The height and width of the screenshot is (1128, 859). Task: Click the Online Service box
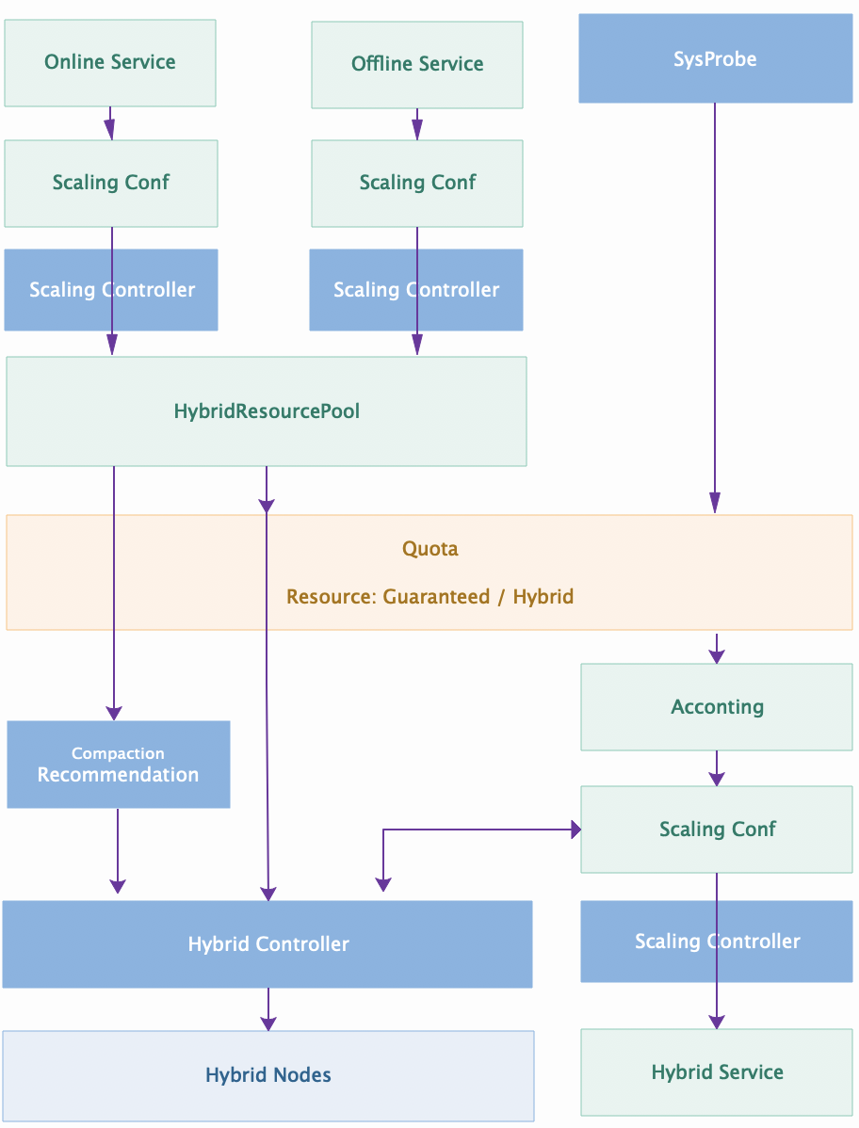click(x=110, y=62)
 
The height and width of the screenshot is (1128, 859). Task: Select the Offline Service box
click(x=417, y=64)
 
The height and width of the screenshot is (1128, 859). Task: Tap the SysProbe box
click(x=715, y=59)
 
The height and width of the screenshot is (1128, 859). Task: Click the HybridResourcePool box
click(x=267, y=411)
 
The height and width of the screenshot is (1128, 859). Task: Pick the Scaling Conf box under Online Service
click(x=57, y=183)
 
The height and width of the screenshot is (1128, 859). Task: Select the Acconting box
click(x=717, y=707)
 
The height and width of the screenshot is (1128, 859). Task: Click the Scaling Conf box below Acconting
click(x=659, y=830)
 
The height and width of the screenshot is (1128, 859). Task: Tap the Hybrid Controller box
click(x=170, y=944)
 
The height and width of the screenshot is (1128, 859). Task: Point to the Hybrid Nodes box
click(x=268, y=1074)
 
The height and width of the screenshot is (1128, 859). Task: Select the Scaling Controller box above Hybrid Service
click(x=640, y=942)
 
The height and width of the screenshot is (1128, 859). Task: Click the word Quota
click(x=430, y=549)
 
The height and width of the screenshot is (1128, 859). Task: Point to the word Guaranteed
click(x=436, y=597)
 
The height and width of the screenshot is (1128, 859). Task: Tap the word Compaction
click(x=118, y=753)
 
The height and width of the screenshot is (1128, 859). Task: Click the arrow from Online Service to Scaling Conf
click(x=110, y=123)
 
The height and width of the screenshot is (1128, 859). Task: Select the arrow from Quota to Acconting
click(x=717, y=648)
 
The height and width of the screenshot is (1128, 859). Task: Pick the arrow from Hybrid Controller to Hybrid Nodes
click(x=268, y=1008)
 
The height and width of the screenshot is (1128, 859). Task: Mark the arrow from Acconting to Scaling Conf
click(x=717, y=767)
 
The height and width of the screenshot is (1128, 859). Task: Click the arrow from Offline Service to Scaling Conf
click(x=417, y=124)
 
